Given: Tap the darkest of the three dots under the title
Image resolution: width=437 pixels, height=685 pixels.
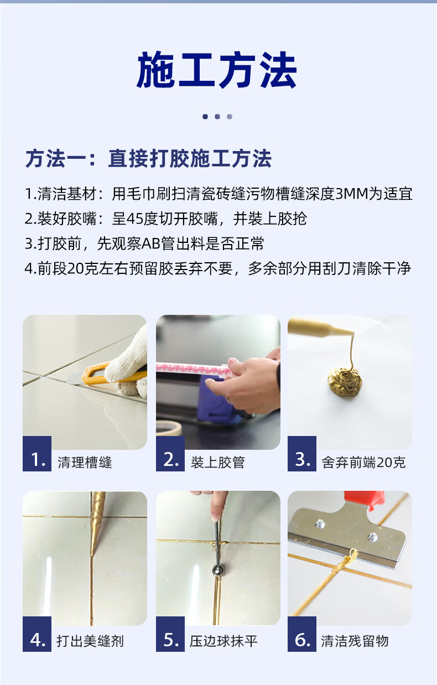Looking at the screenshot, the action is point(205,117).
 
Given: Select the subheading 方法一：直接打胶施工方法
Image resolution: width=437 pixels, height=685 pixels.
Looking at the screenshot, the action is point(148,159).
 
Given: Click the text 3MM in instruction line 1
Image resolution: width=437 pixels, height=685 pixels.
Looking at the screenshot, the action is point(352,194).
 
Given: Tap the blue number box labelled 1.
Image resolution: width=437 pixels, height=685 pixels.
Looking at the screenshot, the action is point(37,454).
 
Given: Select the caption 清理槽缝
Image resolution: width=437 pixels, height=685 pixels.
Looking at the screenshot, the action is point(85,462).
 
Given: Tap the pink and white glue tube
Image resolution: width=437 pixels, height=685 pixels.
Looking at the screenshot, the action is point(193,369).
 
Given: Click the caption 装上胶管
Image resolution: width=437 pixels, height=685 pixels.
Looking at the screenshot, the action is point(218,462).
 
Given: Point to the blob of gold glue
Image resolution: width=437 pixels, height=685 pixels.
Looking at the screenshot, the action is point(345,381).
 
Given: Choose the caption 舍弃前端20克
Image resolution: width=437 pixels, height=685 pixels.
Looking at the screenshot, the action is point(363,462).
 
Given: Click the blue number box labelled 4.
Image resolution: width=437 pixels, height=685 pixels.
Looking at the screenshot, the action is point(37,634).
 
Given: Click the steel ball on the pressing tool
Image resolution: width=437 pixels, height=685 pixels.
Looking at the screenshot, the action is point(218,570).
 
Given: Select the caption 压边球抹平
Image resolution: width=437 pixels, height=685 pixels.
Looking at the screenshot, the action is point(223,641).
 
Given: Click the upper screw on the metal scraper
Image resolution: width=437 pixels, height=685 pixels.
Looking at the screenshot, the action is point(320,524).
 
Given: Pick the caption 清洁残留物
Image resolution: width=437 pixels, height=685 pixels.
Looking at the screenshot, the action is point(355,641).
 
